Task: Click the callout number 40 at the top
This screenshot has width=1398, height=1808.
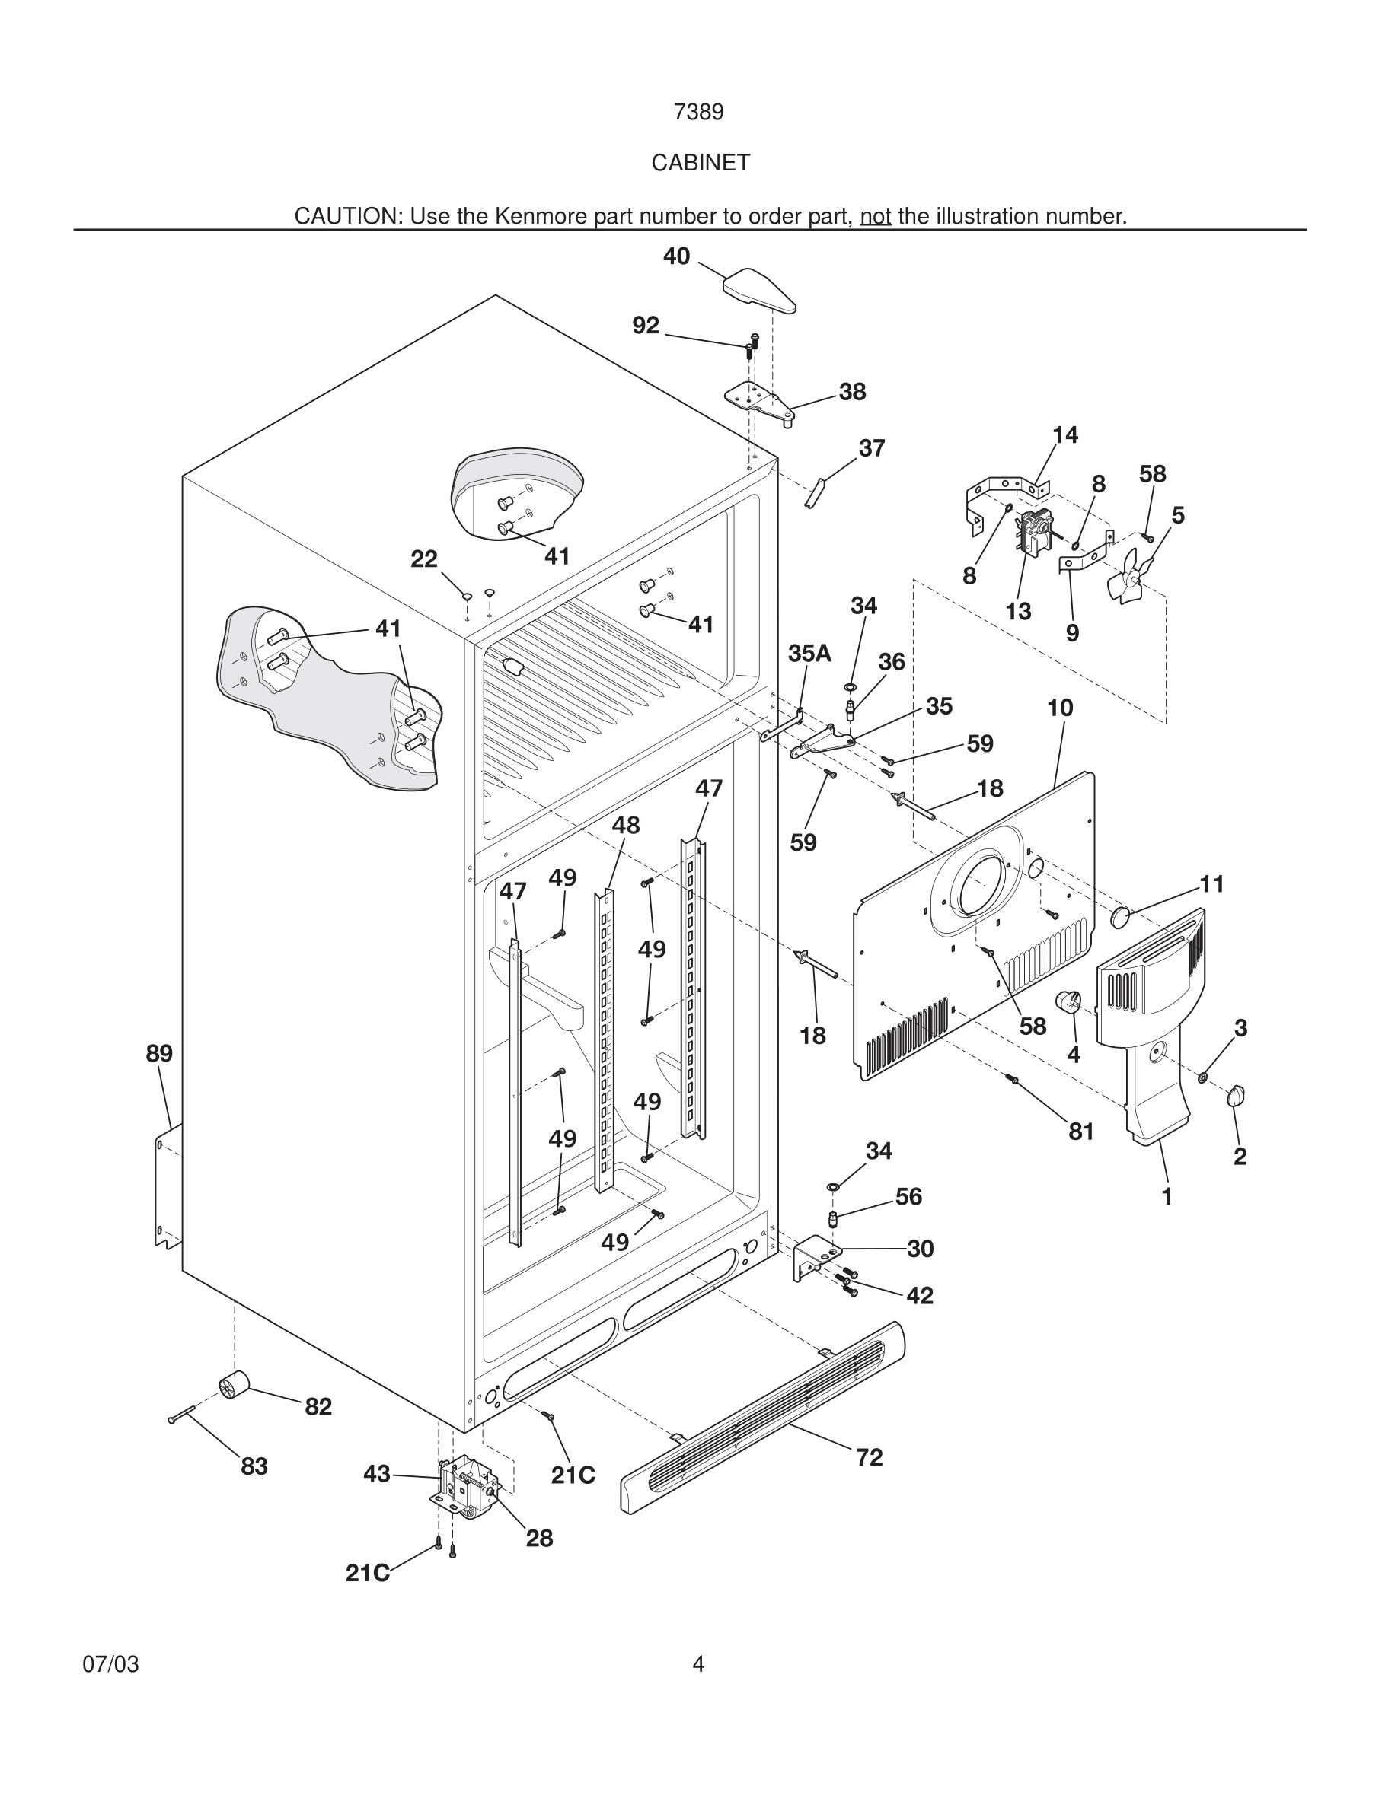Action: (676, 256)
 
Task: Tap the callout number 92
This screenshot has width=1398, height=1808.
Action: (645, 326)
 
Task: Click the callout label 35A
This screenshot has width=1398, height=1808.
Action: (809, 653)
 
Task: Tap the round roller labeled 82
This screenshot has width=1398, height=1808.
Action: (234, 1383)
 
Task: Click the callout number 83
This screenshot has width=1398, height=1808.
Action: (254, 1466)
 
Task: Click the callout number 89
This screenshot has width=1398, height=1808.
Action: (159, 1054)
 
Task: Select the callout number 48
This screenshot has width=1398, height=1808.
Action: (625, 826)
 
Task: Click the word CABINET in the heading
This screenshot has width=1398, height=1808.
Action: (700, 163)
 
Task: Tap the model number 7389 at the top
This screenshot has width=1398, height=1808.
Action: (698, 113)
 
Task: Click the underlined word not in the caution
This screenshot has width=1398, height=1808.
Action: (876, 217)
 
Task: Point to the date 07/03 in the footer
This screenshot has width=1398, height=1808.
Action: (111, 1664)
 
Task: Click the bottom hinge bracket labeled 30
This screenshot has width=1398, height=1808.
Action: (814, 1255)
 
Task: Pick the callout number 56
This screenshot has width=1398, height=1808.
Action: (908, 1196)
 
